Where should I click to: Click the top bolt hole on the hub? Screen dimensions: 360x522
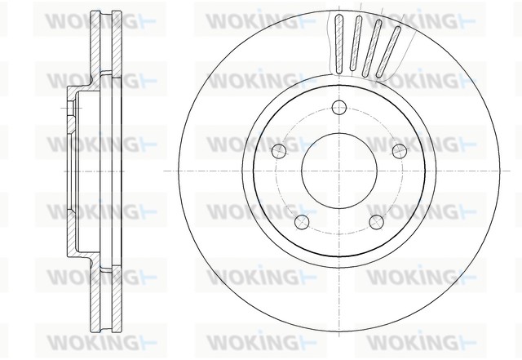(340, 105)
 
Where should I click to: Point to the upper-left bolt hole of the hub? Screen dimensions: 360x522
(280, 149)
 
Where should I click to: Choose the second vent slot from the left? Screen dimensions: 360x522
(357, 41)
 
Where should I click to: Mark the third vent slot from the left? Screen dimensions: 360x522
(375, 42)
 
